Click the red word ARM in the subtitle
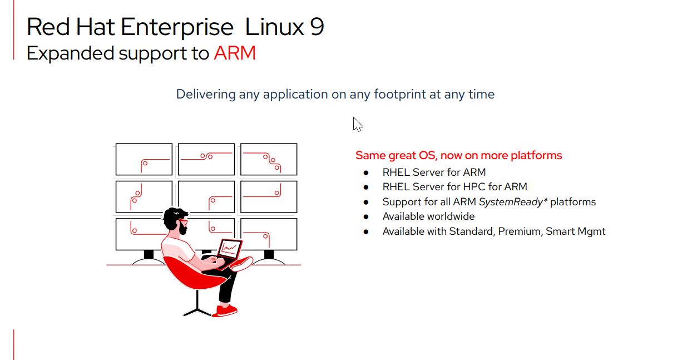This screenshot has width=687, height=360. pyautogui.click(x=234, y=53)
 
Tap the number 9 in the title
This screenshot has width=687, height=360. pyautogui.click(x=317, y=27)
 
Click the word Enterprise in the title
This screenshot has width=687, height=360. pyautogui.click(x=177, y=27)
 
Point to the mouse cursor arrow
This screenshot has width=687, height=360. pyautogui.click(x=357, y=124)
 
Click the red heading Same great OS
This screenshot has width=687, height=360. pyautogui.click(x=458, y=155)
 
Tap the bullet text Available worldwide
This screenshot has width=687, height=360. pyautogui.click(x=428, y=216)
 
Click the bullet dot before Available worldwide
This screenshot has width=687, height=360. pyautogui.click(x=366, y=216)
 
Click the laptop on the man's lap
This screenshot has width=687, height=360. pyautogui.click(x=229, y=251)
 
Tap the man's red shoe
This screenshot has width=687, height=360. pyautogui.click(x=225, y=310)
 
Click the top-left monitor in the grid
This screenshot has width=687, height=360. pyautogui.click(x=144, y=159)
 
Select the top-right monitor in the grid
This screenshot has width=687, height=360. pyautogui.click(x=269, y=159)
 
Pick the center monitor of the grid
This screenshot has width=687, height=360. pyautogui.click(x=206, y=196)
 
